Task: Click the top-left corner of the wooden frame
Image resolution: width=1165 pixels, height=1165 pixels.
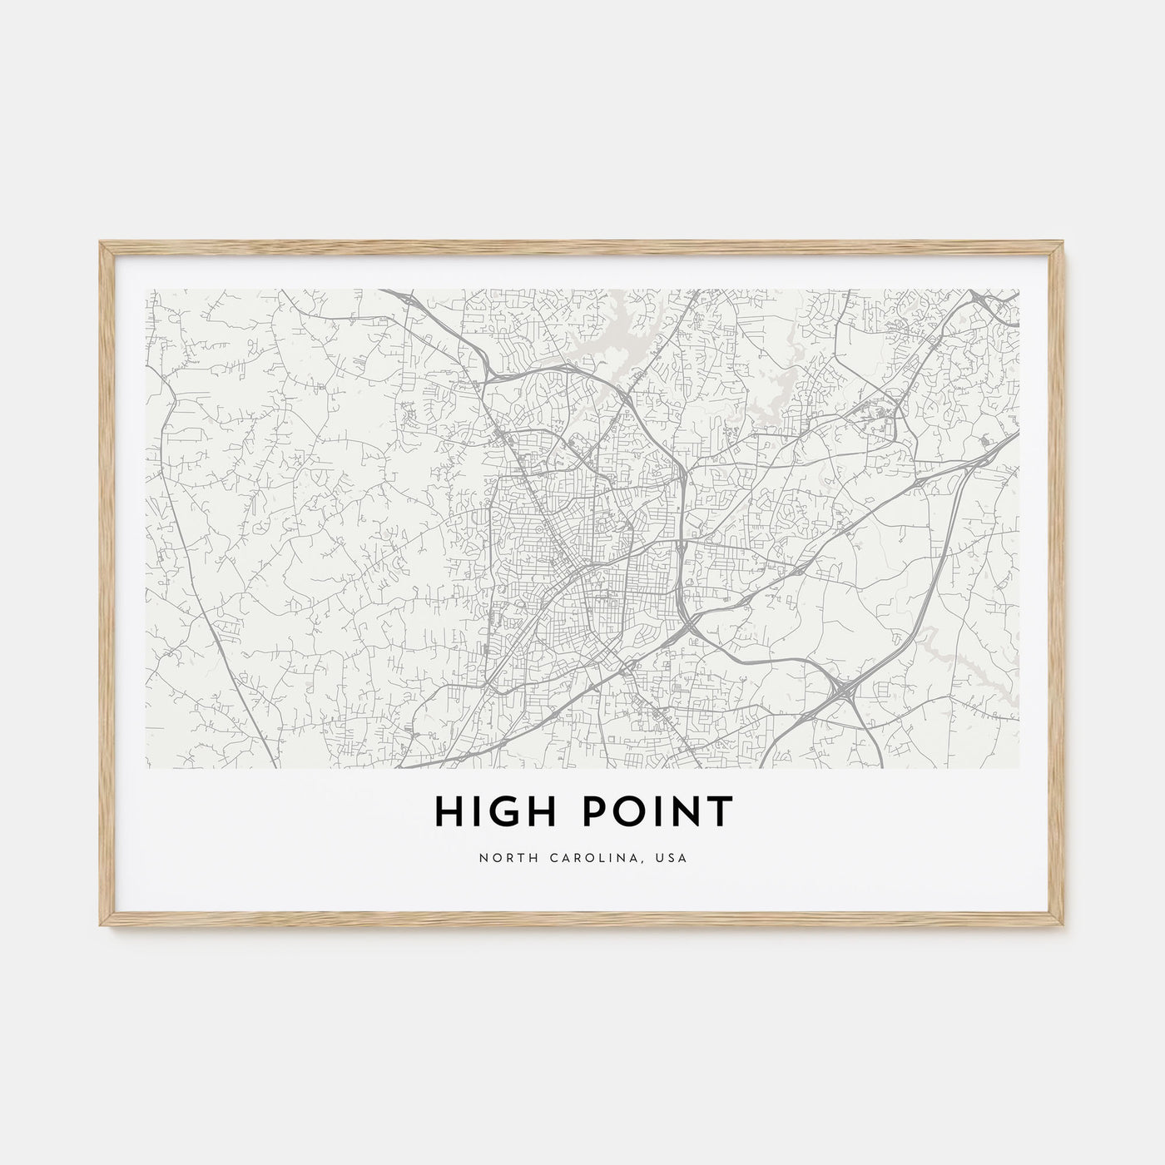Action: (x=100, y=241)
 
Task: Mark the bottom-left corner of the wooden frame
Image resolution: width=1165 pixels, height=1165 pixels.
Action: (x=100, y=930)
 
